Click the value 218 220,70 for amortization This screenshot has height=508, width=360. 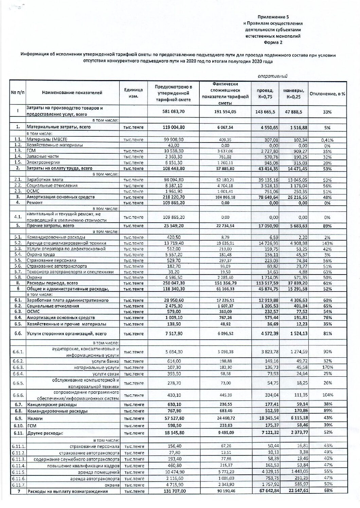point(172,197)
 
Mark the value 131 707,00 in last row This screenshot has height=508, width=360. point(172,491)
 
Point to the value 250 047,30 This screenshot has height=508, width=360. point(172,283)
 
